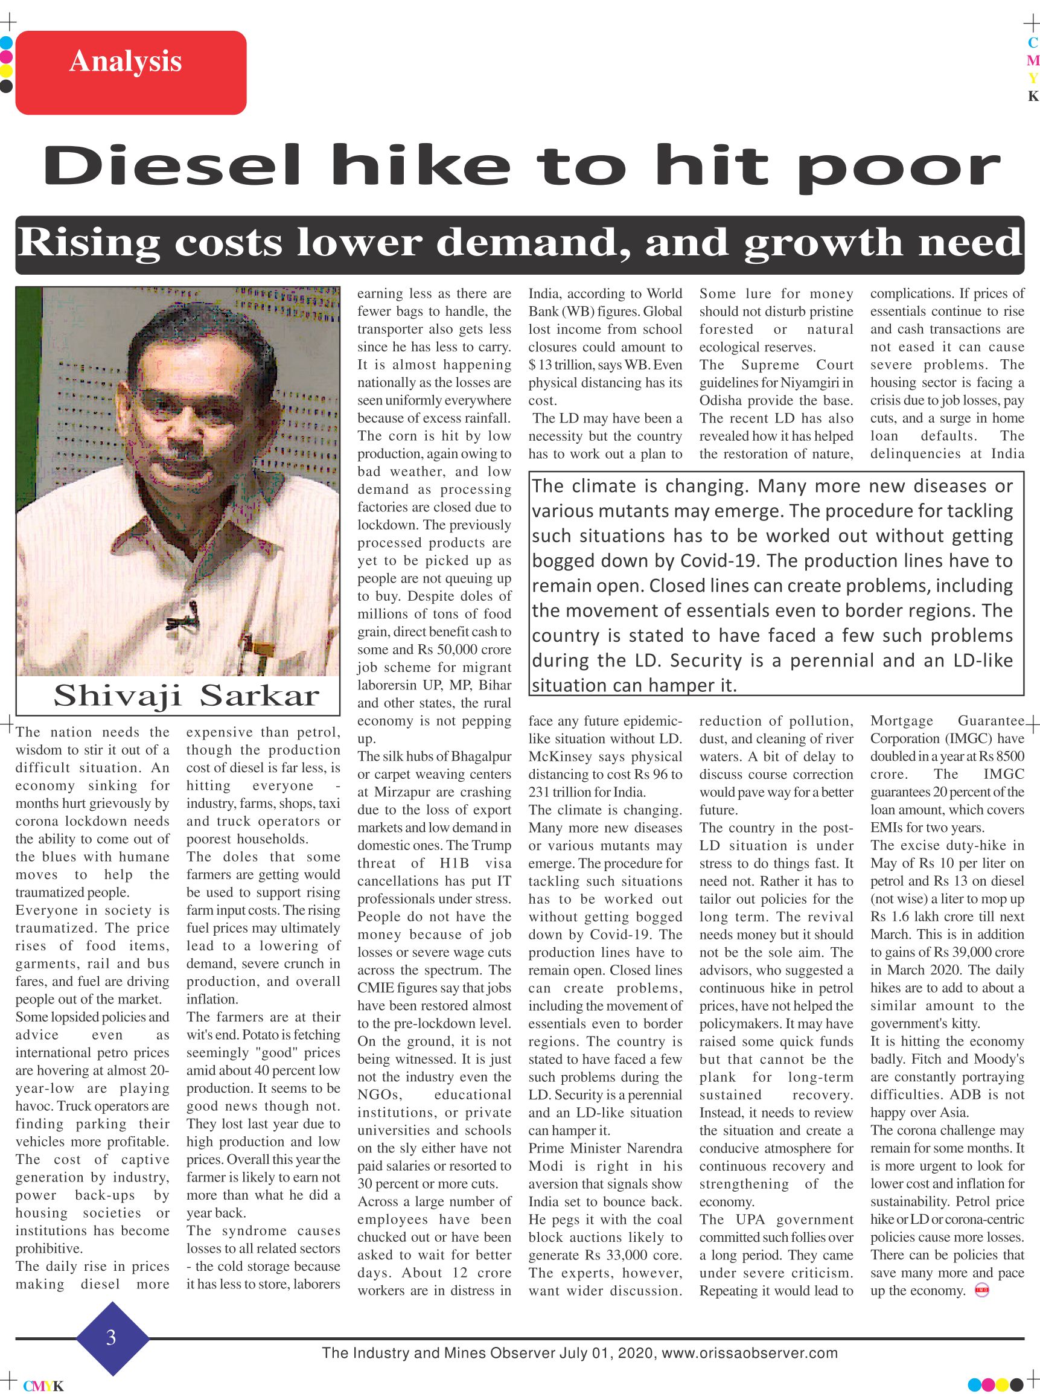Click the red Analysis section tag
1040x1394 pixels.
[x=130, y=72]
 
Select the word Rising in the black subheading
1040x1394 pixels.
[x=88, y=243]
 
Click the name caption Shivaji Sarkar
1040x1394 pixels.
[x=187, y=695]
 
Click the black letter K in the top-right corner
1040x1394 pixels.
[x=1032, y=97]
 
